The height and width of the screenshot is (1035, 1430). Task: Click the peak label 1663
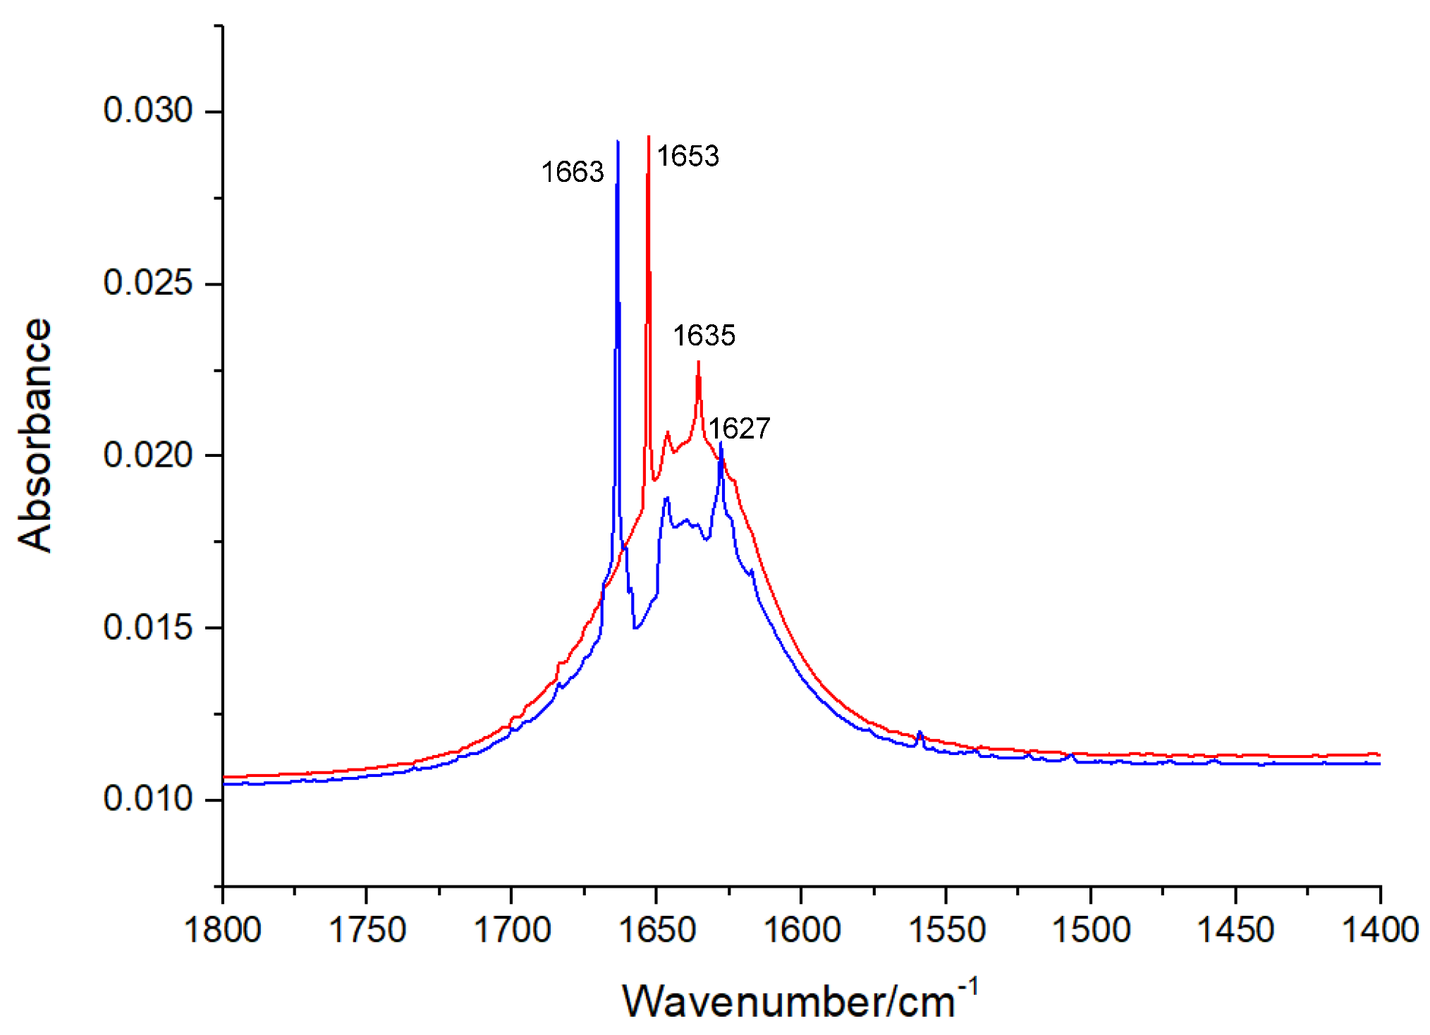pyautogui.click(x=573, y=172)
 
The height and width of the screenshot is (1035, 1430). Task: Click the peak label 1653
pyautogui.click(x=687, y=156)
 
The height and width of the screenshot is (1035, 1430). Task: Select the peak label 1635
pyautogui.click(x=703, y=336)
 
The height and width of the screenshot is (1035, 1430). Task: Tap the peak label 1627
pyautogui.click(x=739, y=429)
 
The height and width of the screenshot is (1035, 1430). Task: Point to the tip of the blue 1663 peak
pyautogui.click(x=618, y=142)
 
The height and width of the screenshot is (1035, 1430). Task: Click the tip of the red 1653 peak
pyautogui.click(x=648, y=137)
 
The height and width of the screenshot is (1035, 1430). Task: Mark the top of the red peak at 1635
pyautogui.click(x=698, y=362)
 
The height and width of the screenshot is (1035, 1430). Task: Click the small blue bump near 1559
pyautogui.click(x=919, y=733)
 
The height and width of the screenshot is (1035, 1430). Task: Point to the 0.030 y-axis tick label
pyautogui.click(x=147, y=111)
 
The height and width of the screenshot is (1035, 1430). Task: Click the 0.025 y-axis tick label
pyautogui.click(x=147, y=283)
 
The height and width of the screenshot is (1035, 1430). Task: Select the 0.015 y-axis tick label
pyautogui.click(x=147, y=627)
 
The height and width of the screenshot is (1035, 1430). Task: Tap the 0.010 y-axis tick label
pyautogui.click(x=147, y=800)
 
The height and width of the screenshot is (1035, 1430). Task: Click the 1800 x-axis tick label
pyautogui.click(x=223, y=929)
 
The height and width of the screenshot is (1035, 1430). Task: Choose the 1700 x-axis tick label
pyautogui.click(x=512, y=929)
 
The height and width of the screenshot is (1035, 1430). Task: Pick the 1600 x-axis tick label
pyautogui.click(x=802, y=929)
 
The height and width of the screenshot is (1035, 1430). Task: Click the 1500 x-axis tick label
pyautogui.click(x=1091, y=929)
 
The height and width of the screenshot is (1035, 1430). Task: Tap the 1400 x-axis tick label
pyautogui.click(x=1379, y=929)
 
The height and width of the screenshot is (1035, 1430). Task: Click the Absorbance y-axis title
pyautogui.click(x=35, y=435)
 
